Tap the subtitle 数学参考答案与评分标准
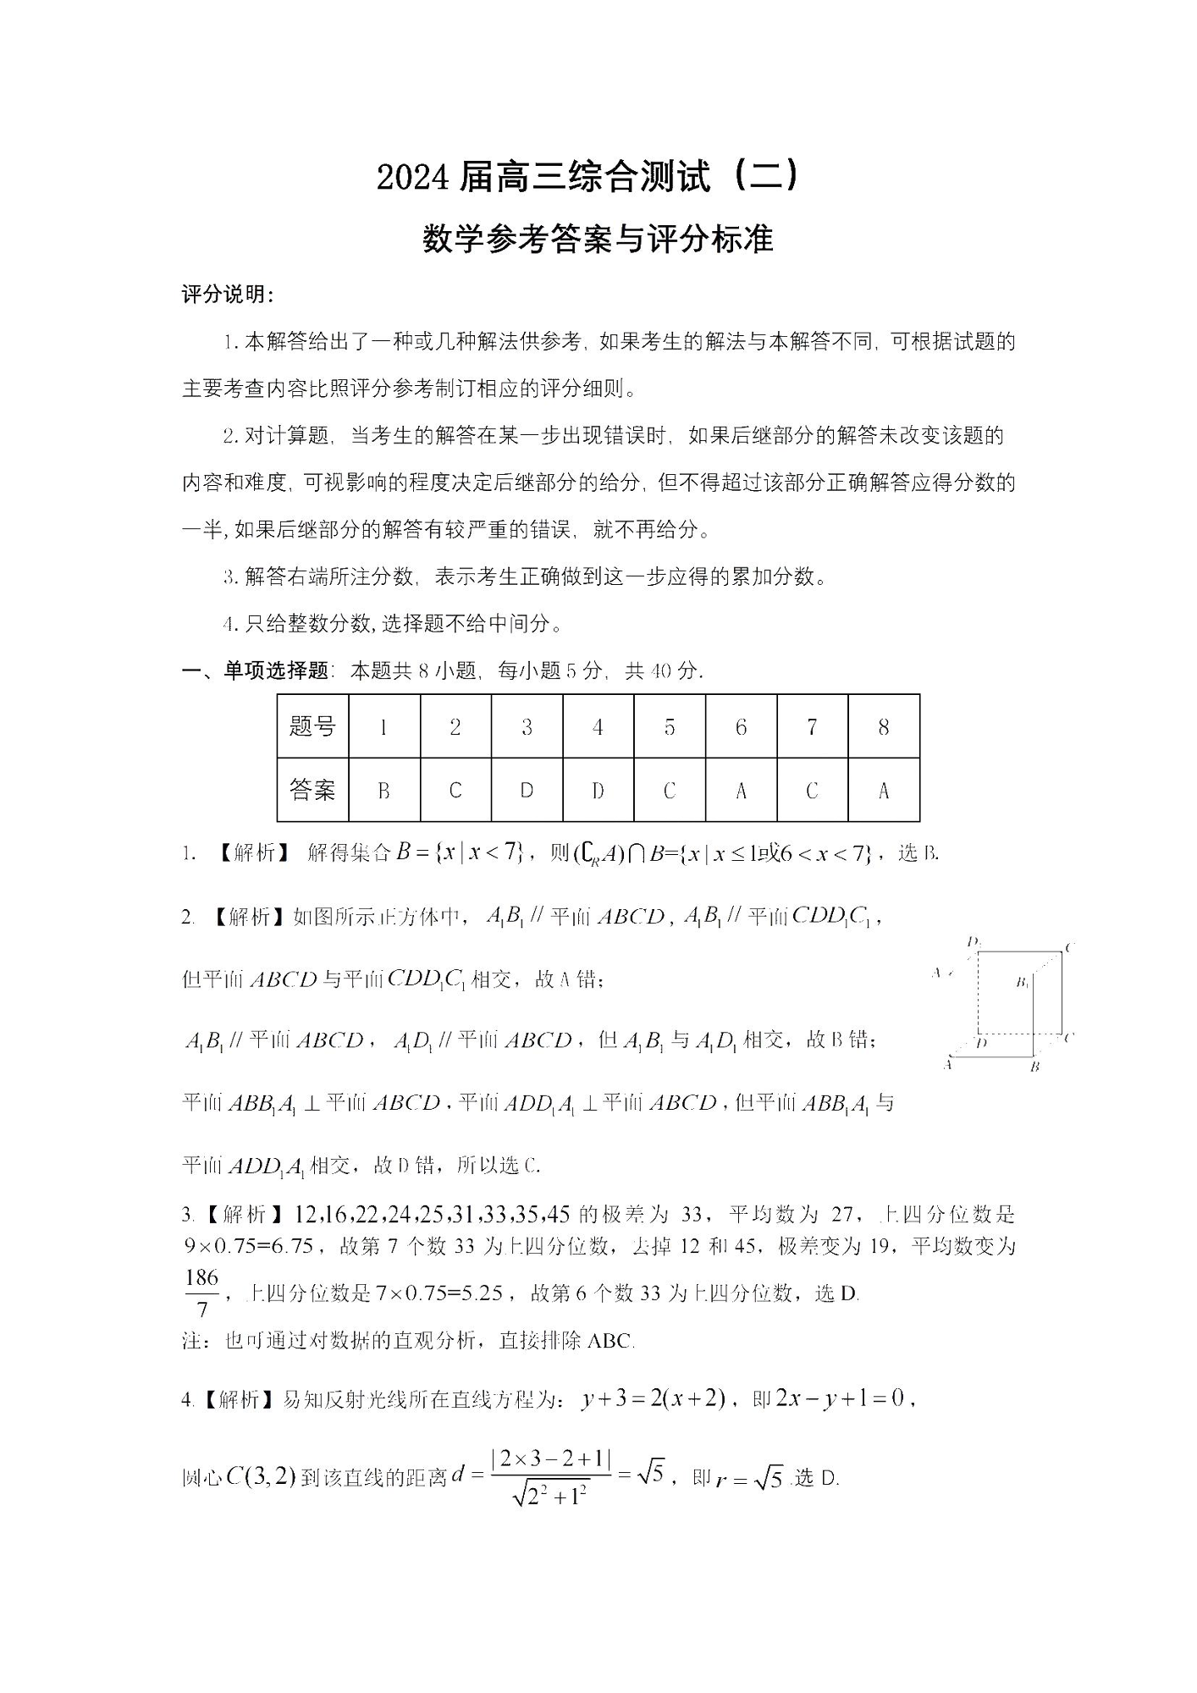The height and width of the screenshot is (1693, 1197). coord(598,240)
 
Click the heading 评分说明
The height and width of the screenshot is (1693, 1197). coord(227,295)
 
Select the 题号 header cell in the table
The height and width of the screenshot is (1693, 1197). coord(312,726)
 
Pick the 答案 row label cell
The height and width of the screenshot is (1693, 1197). coord(312,790)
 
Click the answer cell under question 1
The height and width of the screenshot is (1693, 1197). coord(383,791)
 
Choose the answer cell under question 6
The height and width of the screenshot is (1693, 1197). coord(741,791)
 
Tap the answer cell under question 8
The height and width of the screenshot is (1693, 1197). coord(883,791)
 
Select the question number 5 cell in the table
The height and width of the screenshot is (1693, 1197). coord(670,726)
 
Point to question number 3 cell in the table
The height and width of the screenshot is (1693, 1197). coord(527,726)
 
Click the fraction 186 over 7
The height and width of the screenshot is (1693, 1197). coord(201,1293)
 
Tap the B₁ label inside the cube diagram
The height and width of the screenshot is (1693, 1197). coord(1023,983)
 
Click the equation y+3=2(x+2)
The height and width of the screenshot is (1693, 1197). coord(653,1399)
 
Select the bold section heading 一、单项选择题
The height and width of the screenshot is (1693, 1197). coord(255,671)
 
